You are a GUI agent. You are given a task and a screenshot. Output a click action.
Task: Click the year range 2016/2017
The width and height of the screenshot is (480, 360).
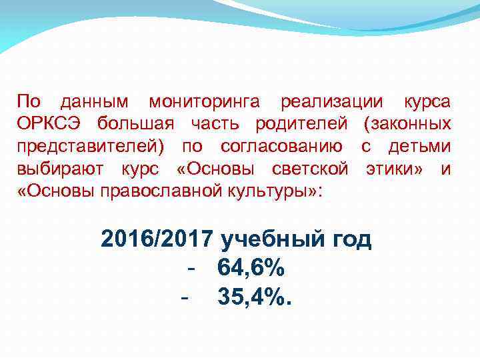click(157, 239)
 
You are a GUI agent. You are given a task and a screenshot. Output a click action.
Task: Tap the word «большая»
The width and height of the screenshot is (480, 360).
click(135, 124)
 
